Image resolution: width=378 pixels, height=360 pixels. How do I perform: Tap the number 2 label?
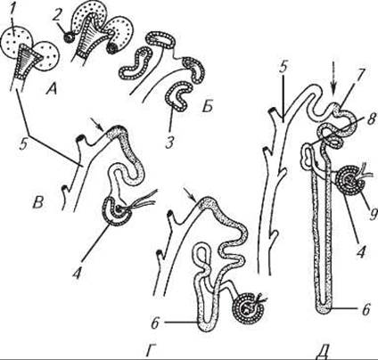(x=57, y=14)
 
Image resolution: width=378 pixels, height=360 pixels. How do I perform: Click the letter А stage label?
(x=51, y=88)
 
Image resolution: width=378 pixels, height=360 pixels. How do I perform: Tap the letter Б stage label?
(x=207, y=106)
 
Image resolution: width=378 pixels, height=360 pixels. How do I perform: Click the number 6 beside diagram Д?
(x=366, y=309)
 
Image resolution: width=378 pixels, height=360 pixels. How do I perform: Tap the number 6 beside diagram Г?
(x=156, y=323)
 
